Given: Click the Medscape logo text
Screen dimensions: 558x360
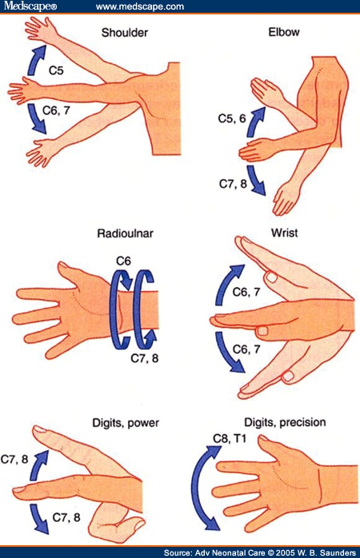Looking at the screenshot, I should (x=34, y=7).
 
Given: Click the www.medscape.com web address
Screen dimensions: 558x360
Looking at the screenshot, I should (x=140, y=7).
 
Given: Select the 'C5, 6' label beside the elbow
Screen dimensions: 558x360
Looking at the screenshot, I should (x=232, y=118).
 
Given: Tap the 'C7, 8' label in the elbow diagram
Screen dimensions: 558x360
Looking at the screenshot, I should (x=232, y=184).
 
